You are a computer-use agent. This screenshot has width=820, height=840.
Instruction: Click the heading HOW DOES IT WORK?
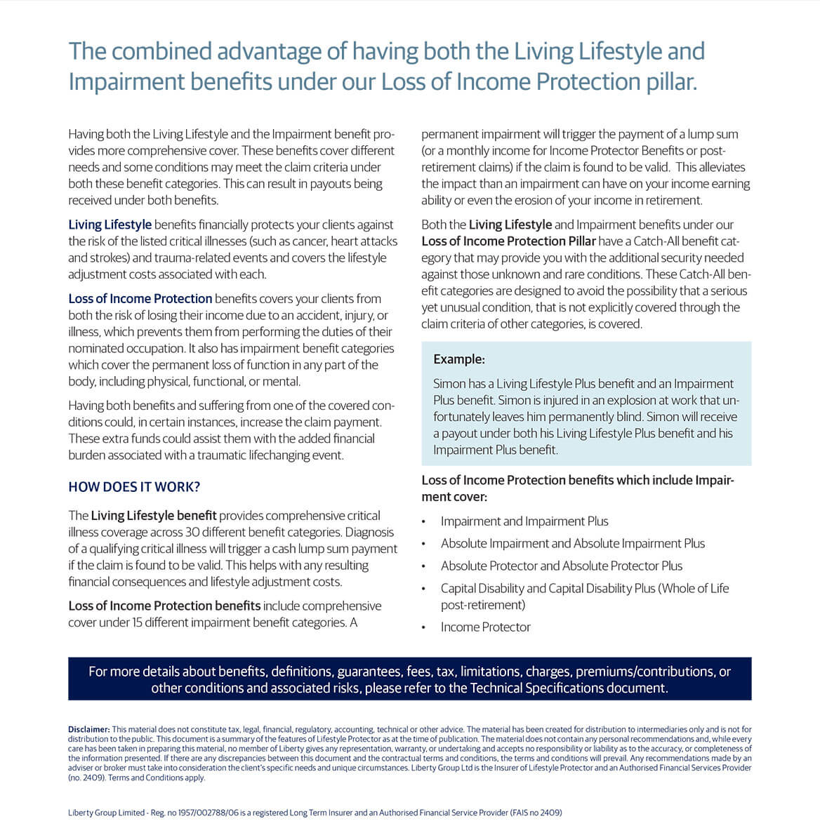tap(134, 487)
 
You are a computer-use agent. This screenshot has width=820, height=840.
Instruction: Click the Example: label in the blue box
tap(459, 359)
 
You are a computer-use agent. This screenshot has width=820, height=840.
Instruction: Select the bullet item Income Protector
tap(485, 627)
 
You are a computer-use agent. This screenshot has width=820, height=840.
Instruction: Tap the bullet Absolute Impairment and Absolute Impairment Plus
tap(572, 544)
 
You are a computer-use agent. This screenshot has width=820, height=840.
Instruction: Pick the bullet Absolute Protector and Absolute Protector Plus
tap(561, 566)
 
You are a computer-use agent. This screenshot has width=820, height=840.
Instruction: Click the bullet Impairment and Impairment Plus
tap(524, 521)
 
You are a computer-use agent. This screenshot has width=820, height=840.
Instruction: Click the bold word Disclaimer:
tap(88, 730)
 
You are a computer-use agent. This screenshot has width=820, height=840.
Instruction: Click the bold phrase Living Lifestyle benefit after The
tap(154, 516)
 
